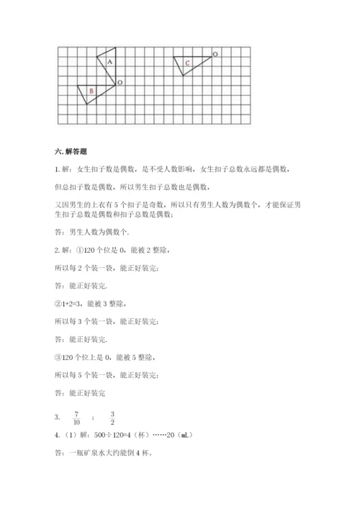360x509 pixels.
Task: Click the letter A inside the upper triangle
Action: (x=109, y=63)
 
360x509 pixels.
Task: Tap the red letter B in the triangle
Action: (x=91, y=91)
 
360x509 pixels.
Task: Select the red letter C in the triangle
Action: (x=187, y=64)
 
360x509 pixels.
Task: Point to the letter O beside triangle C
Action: (x=217, y=54)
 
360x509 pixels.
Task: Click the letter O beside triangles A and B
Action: (x=120, y=83)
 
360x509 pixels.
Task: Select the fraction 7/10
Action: (x=76, y=417)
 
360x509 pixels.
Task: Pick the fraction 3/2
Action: (x=112, y=417)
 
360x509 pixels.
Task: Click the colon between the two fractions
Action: (x=94, y=418)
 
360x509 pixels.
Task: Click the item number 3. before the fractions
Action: (x=57, y=418)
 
